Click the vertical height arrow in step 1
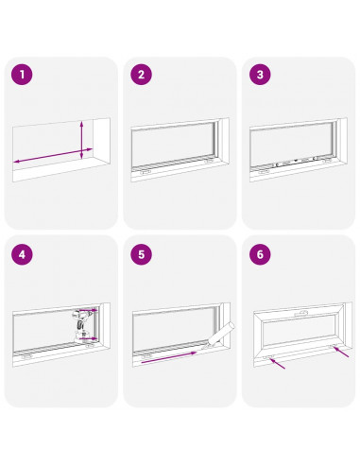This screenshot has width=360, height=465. tap(83, 137)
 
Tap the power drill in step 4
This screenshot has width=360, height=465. tap(81, 323)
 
